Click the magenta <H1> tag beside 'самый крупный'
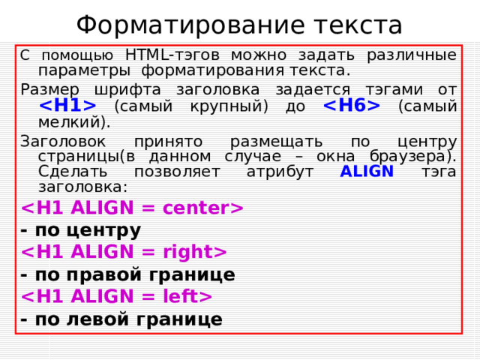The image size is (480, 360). pyautogui.click(x=67, y=106)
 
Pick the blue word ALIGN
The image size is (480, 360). pyautogui.click(x=367, y=172)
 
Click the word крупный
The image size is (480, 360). pyautogui.click(x=233, y=106)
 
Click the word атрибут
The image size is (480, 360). pyautogui.click(x=278, y=172)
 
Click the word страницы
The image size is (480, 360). pyautogui.click(x=74, y=156)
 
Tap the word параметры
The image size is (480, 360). pyautogui.click(x=83, y=71)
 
